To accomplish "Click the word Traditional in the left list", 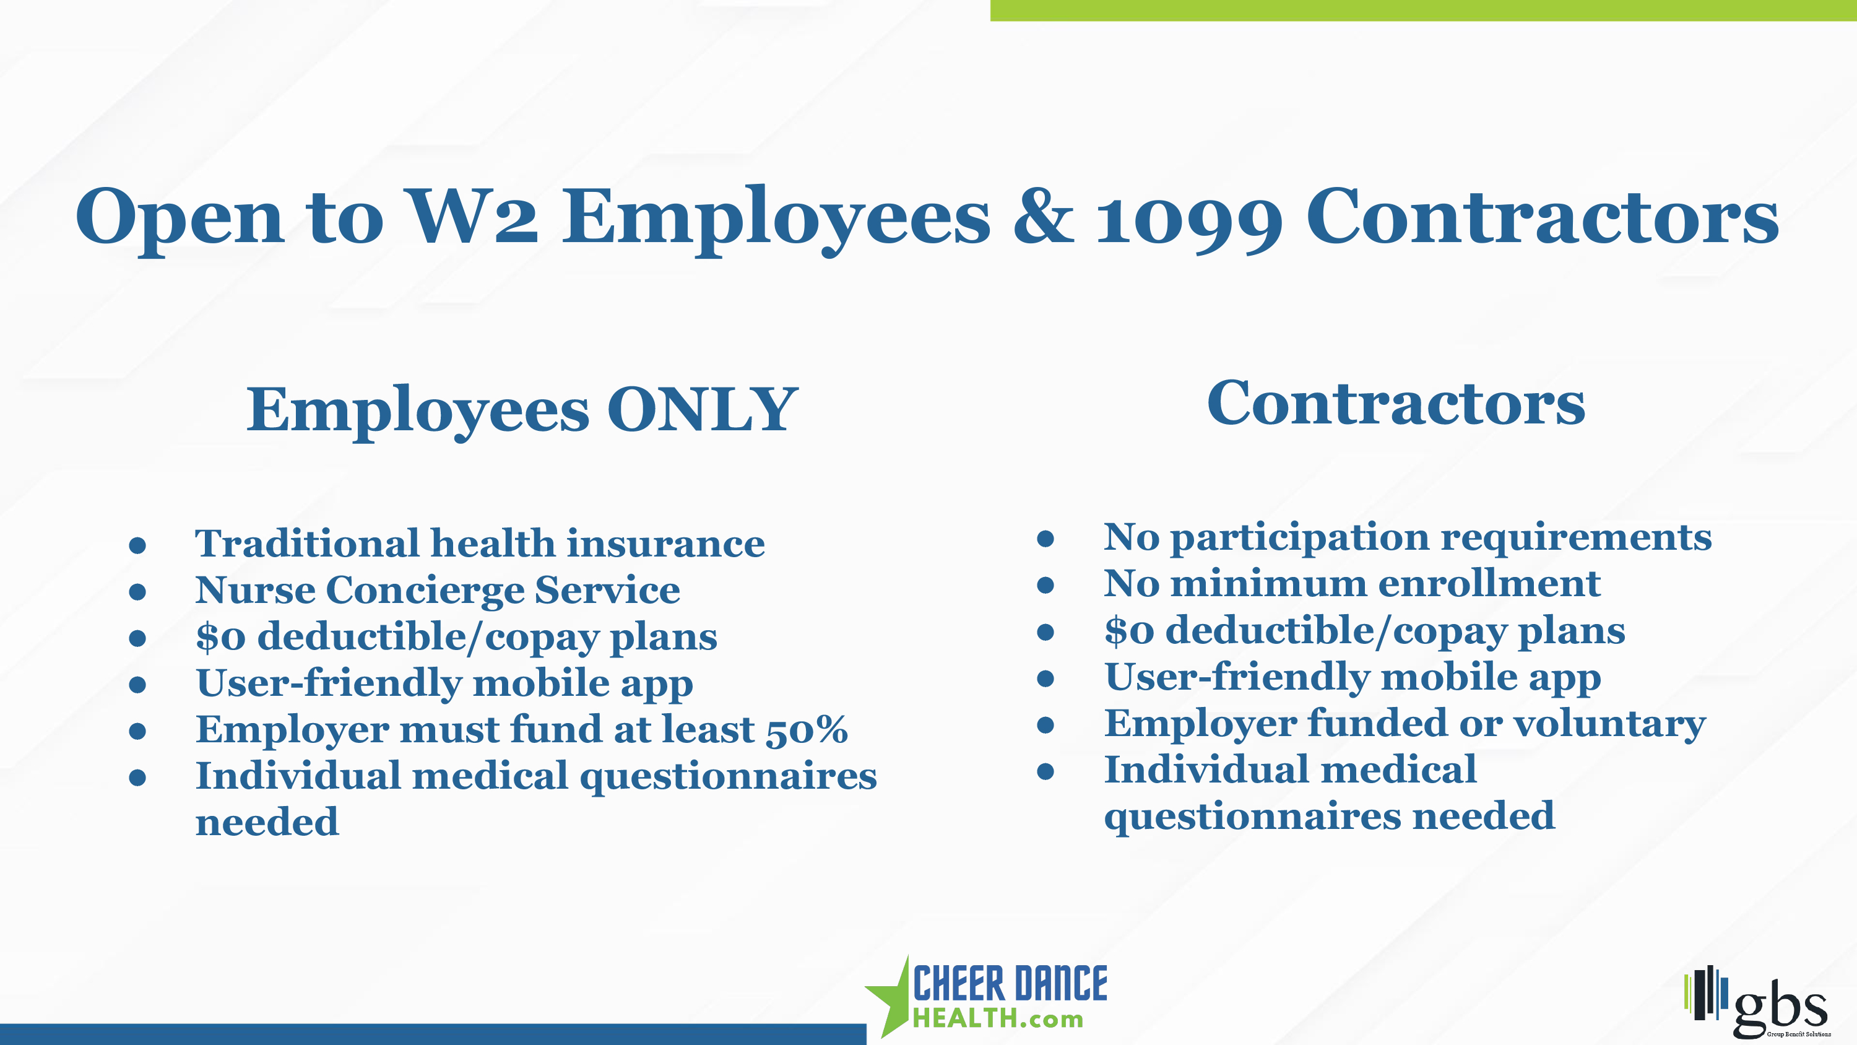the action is [307, 542].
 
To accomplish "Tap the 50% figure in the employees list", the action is [807, 729].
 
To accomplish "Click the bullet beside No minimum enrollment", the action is [1045, 584].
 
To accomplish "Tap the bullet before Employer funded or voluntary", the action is [1045, 724].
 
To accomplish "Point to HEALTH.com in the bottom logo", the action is [998, 1018].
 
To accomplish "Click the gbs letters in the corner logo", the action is [1780, 1006].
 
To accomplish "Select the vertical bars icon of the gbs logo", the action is [1705, 994].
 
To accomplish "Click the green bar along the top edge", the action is [1424, 10].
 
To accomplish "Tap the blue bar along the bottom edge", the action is [433, 1034].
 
